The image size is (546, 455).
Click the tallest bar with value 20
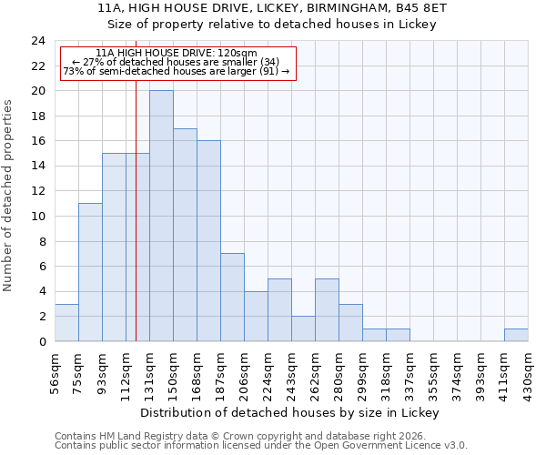click(x=161, y=216)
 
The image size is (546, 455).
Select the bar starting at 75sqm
click(x=90, y=272)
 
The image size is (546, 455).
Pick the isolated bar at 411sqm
click(x=516, y=335)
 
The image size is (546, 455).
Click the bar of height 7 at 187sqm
click(x=232, y=298)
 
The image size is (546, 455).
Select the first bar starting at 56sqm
click(x=66, y=323)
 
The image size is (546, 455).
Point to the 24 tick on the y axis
click(x=38, y=41)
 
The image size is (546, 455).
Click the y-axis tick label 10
click(x=38, y=217)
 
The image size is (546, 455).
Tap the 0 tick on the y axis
click(x=42, y=341)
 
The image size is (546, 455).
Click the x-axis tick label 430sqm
click(x=529, y=370)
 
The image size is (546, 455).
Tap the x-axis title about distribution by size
click(x=291, y=412)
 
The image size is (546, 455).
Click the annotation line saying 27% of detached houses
click(x=178, y=62)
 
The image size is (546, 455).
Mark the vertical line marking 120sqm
click(x=136, y=227)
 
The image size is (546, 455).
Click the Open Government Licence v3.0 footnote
click(x=261, y=446)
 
